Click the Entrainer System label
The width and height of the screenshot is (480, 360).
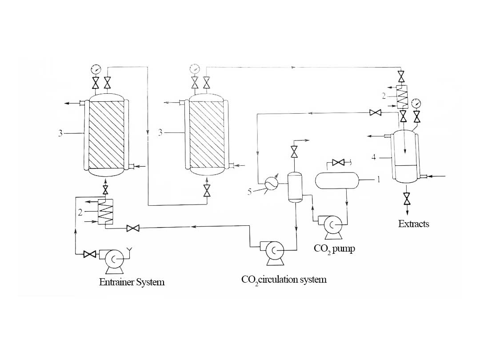pos(132,282)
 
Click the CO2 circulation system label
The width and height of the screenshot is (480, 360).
pos(284,280)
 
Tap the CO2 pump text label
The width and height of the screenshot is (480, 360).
pos(334,248)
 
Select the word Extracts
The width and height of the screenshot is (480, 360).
pos(413,224)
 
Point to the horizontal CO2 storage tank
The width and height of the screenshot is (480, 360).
pos(336,180)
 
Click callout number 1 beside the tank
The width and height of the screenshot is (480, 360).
pos(379,180)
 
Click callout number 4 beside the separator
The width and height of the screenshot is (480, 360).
pos(374,157)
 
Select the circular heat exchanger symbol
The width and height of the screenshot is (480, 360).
pos(271,182)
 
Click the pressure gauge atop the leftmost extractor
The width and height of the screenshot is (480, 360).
pos(96,69)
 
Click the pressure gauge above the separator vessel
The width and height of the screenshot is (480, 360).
pos(416,103)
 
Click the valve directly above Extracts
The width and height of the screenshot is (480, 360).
pos(407,198)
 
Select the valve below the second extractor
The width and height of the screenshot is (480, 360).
pos(207,191)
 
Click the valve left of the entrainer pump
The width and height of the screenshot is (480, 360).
pos(90,254)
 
